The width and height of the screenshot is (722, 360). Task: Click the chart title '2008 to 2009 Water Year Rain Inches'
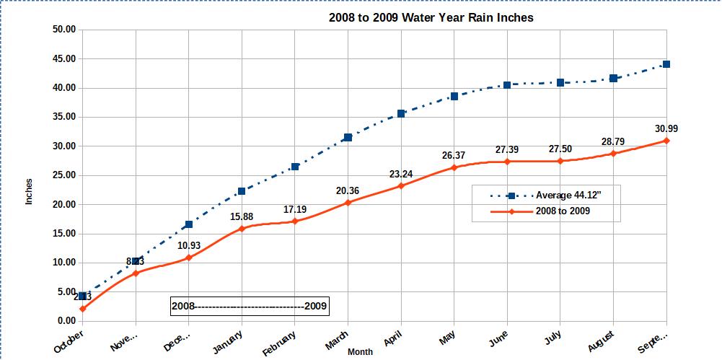point(431,17)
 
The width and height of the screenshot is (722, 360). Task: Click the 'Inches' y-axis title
point(30,191)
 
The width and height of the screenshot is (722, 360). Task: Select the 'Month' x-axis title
point(360,352)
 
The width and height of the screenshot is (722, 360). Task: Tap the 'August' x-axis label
point(601,340)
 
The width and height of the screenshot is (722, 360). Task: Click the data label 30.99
point(666,129)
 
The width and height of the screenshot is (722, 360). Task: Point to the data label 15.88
point(242,216)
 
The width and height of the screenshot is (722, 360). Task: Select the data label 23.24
point(401,174)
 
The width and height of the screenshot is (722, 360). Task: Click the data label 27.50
point(560,149)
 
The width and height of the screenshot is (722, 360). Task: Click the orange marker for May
point(454,167)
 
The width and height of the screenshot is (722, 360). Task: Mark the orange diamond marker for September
point(666,141)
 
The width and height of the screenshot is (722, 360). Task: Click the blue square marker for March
point(348,137)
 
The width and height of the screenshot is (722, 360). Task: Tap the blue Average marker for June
point(507,85)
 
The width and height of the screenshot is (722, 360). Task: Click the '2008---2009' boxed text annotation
point(250,307)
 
